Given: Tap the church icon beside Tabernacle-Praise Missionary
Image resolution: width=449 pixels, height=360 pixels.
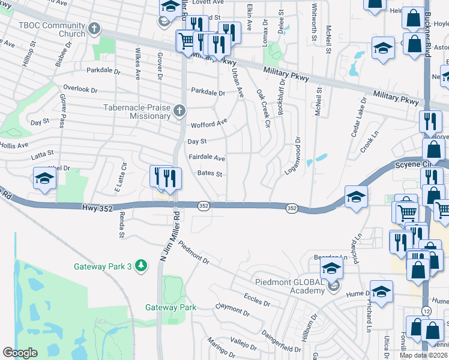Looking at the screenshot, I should (179, 110).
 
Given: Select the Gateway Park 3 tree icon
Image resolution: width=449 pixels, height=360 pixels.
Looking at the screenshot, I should (140, 265).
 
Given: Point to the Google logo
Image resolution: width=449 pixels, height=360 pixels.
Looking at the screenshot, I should (20, 353).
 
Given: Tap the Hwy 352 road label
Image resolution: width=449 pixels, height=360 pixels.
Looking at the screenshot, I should (97, 207).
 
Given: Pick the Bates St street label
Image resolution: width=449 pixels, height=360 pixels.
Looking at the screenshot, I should (210, 174).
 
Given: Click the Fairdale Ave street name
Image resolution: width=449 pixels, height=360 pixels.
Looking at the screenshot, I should (206, 158).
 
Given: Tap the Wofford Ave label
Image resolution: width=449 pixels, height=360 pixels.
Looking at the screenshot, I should (209, 124).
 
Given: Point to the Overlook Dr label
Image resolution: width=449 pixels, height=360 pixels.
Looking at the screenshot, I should (80, 89).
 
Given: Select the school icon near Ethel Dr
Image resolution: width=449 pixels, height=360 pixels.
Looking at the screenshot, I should (45, 178).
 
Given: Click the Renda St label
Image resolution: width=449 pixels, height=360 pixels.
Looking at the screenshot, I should (121, 226).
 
